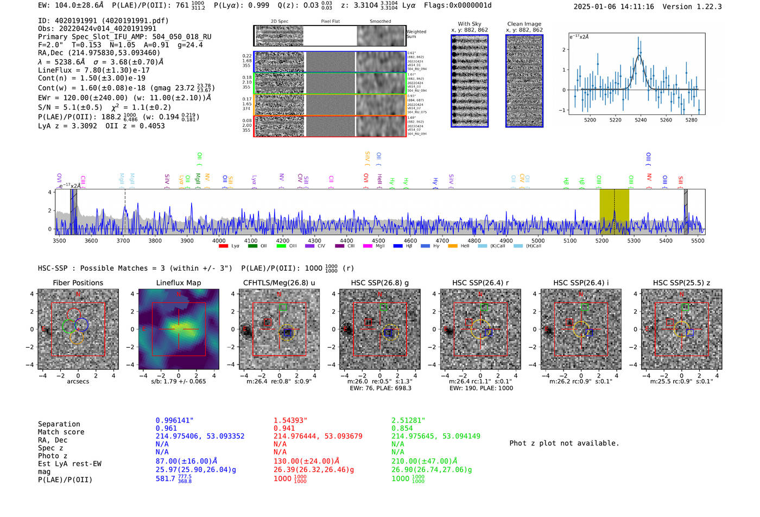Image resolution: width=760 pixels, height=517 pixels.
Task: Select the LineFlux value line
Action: (x=93, y=70)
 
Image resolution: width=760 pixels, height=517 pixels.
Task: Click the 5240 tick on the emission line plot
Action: (x=641, y=120)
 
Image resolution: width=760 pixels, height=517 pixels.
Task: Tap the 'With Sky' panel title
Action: (x=470, y=24)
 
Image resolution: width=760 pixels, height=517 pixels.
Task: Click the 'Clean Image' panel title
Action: (x=524, y=24)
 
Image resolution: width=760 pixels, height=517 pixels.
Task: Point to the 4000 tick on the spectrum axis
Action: (x=219, y=240)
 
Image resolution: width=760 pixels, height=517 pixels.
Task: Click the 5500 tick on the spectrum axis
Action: (x=698, y=240)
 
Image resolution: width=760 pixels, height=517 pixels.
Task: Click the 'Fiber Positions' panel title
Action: (x=78, y=283)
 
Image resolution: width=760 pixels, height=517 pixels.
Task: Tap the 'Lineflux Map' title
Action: (x=178, y=283)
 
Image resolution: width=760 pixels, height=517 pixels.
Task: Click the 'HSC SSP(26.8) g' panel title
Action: (x=380, y=283)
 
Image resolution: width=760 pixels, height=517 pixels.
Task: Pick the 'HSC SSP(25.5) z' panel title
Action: (x=681, y=283)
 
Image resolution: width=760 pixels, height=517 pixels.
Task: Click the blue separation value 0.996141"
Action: (x=174, y=420)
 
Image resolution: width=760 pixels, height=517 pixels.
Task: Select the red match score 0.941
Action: (x=284, y=428)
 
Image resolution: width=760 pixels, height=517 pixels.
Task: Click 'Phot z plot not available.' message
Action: (x=564, y=443)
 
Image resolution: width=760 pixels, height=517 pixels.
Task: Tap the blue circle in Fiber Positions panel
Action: (x=81, y=324)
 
